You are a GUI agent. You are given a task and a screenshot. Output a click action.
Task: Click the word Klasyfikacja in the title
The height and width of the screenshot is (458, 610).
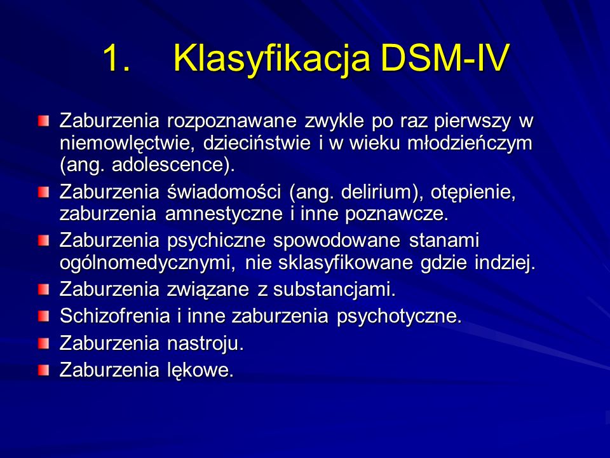[271, 59]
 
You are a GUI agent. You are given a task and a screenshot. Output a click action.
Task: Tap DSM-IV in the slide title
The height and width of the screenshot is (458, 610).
[445, 58]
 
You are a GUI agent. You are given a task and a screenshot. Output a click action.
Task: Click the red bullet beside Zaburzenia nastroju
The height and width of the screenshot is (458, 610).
[44, 343]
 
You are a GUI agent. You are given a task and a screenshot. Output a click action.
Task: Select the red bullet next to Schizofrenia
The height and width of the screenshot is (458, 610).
[44, 316]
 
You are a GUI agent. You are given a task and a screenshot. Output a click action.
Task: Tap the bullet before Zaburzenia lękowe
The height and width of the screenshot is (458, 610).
[44, 370]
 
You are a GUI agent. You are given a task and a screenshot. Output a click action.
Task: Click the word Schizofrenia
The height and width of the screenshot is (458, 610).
[115, 316]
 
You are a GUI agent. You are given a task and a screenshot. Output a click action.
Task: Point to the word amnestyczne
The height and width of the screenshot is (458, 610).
[224, 214]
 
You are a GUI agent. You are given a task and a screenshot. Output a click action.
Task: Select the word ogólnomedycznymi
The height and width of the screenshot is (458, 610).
[147, 263]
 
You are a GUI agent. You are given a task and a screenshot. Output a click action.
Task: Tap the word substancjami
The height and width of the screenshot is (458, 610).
[334, 290]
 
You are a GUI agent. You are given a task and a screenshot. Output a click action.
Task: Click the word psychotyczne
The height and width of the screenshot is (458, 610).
[399, 316]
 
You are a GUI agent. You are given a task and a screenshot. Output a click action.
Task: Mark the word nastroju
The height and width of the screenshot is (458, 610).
[205, 343]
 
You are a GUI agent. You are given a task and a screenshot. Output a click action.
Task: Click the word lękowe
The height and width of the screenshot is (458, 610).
[200, 370]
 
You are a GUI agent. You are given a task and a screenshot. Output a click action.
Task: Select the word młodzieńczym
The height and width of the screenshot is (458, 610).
[470, 144]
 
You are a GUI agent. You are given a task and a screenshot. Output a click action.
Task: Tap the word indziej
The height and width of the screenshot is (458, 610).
[505, 263]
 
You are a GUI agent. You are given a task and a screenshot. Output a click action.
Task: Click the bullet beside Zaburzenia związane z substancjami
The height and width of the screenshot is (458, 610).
[44, 290]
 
